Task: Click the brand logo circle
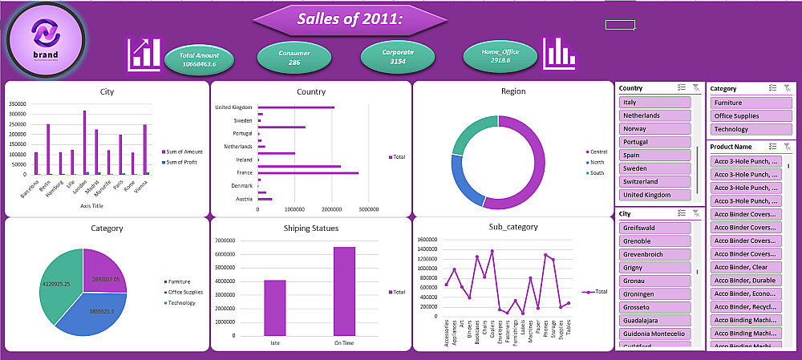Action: click(x=46, y=37)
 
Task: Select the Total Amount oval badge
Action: click(x=199, y=59)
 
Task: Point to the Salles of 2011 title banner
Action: click(x=350, y=19)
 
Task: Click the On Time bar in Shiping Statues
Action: click(x=344, y=290)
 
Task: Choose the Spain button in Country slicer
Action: click(x=655, y=155)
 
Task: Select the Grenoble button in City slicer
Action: click(x=655, y=241)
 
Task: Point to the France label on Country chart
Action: click(x=244, y=172)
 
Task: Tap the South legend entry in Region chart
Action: click(x=597, y=172)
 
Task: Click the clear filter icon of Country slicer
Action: click(x=696, y=88)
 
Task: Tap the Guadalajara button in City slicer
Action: click(x=655, y=320)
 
